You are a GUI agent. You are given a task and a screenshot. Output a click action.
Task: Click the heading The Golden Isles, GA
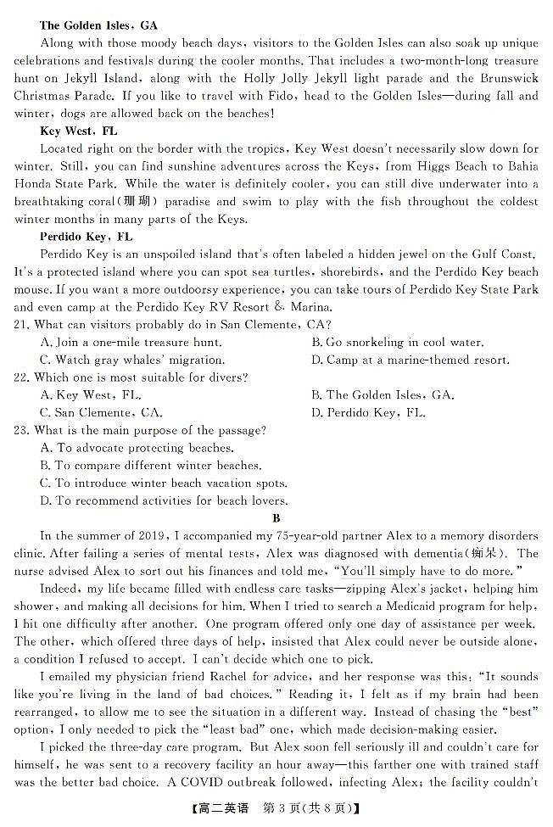pyautogui.click(x=98, y=26)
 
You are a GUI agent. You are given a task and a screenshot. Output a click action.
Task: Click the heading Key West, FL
pyautogui.click(x=79, y=131)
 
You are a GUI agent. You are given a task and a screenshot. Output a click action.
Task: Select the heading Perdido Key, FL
pyautogui.click(x=86, y=237)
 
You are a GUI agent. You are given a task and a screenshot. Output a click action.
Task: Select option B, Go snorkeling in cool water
pyautogui.click(x=398, y=343)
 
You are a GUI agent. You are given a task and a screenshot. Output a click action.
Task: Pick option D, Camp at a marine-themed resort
pyautogui.click(x=411, y=360)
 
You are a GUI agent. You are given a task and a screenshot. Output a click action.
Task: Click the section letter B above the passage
pyautogui.click(x=276, y=518)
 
